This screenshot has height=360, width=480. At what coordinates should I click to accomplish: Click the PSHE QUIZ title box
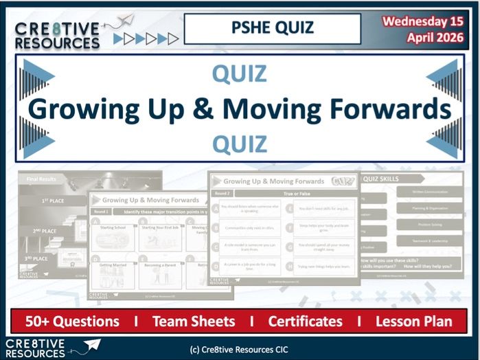tap(272, 29)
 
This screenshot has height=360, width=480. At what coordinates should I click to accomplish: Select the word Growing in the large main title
tap(76, 109)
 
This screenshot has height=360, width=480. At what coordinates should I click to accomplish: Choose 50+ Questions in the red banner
tap(72, 321)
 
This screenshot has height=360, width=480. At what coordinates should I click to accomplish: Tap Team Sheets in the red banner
tap(194, 321)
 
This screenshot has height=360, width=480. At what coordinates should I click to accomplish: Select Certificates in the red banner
tap(305, 321)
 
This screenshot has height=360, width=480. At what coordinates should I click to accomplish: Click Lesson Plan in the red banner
tap(414, 321)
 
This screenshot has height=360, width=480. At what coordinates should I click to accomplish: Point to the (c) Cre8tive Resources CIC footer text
tap(240, 349)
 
